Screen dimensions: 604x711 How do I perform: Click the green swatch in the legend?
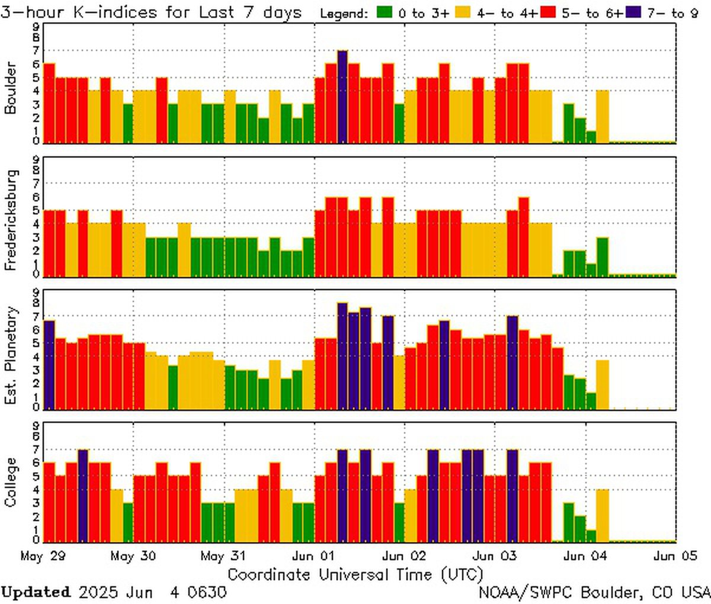pos(385,12)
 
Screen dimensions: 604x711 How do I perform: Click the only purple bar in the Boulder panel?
pos(342,97)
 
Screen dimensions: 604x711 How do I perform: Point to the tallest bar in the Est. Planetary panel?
pos(342,355)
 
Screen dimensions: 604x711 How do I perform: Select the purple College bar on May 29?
pos(83,495)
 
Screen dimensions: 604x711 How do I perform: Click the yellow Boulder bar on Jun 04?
pos(603,116)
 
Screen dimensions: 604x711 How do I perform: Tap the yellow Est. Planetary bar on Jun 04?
pos(603,384)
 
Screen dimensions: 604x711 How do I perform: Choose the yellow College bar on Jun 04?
pos(603,515)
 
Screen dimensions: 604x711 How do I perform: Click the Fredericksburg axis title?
pos(11,220)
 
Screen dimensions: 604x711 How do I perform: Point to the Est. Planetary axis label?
pos(11,355)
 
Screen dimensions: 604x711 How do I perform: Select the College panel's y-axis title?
pos(11,482)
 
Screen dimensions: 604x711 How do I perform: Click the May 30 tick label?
pos(133,557)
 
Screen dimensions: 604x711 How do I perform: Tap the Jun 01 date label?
pos(314,557)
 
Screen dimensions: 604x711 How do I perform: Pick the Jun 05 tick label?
pos(672,557)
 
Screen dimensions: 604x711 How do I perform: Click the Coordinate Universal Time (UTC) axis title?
pos(355,574)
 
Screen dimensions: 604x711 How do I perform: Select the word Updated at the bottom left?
pos(36,592)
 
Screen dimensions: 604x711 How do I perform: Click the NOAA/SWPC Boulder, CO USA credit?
pos(594,592)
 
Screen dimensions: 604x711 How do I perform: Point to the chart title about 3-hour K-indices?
pos(151,12)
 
